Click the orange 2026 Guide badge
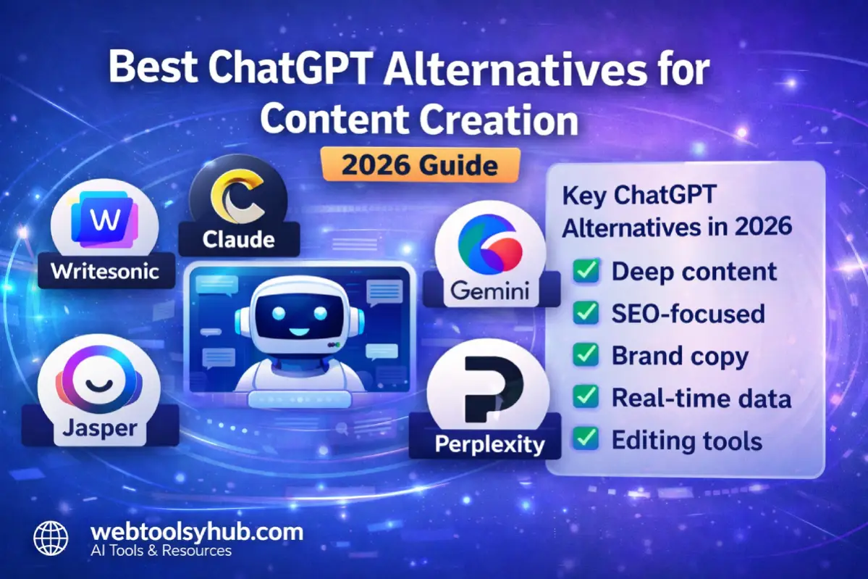pyautogui.click(x=420, y=164)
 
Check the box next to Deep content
pyautogui.click(x=586, y=272)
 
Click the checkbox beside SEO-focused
pyautogui.click(x=586, y=313)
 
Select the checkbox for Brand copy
pyautogui.click(x=586, y=355)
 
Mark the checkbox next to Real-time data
pyautogui.click(x=586, y=397)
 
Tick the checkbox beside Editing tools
pyautogui.click(x=586, y=439)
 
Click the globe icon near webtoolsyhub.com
pyautogui.click(x=51, y=539)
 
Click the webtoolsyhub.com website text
pyautogui.click(x=196, y=533)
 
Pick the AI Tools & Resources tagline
pyautogui.click(x=161, y=551)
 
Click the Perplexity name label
pyautogui.click(x=489, y=443)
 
